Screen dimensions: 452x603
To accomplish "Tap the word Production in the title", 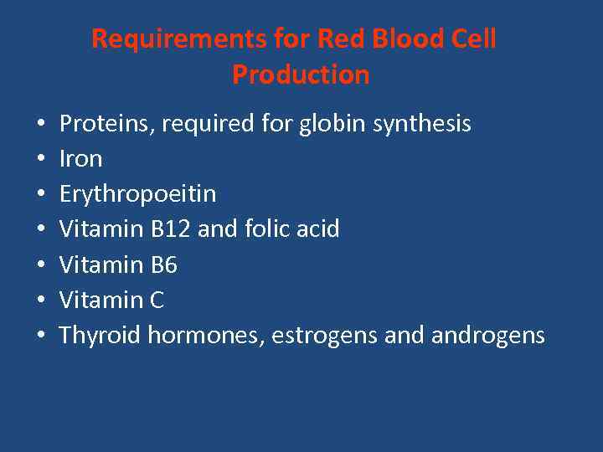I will point(301,74).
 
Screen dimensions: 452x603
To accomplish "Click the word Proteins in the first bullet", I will point(106,125).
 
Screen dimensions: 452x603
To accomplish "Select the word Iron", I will point(80,159).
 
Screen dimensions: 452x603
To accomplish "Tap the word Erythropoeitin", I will point(137,194).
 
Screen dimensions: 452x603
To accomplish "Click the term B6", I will point(164,265).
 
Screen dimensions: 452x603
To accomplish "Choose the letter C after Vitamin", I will point(157,300).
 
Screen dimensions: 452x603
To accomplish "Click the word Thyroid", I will point(100,336).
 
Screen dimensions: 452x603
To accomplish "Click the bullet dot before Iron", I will point(41,160).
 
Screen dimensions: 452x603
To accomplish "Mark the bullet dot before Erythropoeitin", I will point(41,195).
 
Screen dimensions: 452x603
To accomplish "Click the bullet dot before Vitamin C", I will point(41,301).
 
